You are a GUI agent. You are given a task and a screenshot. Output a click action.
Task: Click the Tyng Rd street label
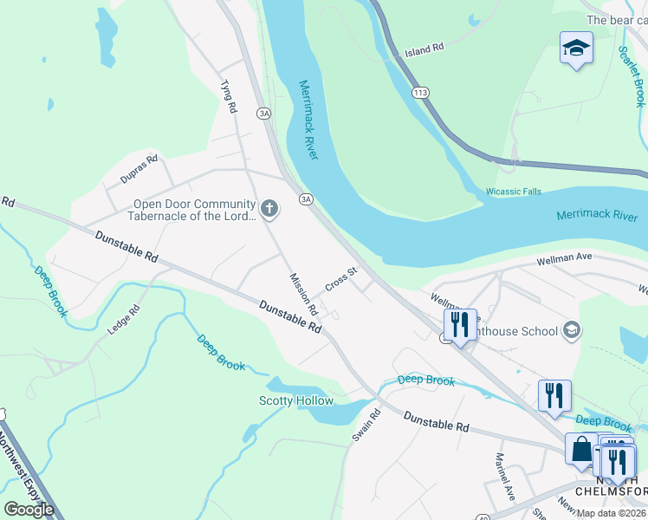click(x=229, y=97)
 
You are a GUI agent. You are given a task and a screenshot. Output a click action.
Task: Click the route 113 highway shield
click(x=422, y=93)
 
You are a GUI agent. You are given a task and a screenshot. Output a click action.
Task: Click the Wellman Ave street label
click(x=563, y=258)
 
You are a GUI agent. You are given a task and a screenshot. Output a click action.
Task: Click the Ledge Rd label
click(x=123, y=322)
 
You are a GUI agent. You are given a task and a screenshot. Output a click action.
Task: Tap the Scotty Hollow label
click(x=296, y=400)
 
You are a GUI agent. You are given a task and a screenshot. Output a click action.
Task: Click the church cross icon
click(x=269, y=208)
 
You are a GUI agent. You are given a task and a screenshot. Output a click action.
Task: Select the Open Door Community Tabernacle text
click(x=194, y=211)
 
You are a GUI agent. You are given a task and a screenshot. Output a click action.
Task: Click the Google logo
click(x=29, y=509)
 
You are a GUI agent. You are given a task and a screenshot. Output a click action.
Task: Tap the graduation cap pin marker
click(x=576, y=49)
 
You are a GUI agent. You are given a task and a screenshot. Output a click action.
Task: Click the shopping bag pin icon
click(x=581, y=449)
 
